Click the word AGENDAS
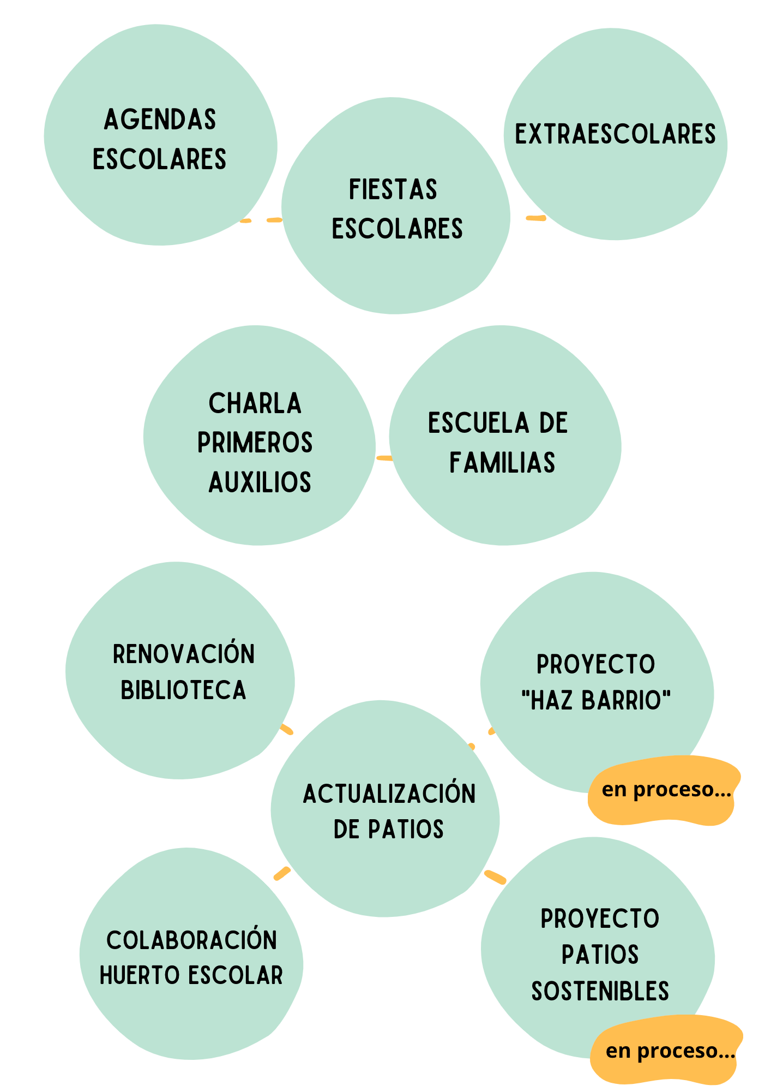(x=160, y=120)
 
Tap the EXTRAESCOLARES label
(x=615, y=134)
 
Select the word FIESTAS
(x=393, y=190)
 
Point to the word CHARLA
(x=255, y=404)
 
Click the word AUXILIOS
(x=260, y=482)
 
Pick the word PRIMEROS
(x=255, y=443)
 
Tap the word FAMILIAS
(x=502, y=463)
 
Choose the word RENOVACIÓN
(x=184, y=654)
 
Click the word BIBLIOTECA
(x=183, y=690)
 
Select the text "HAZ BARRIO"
(x=596, y=701)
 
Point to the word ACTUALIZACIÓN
(x=389, y=794)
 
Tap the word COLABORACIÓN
(x=191, y=940)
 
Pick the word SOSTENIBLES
(x=600, y=992)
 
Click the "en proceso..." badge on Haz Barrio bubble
(x=666, y=790)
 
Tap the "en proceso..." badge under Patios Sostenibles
(x=670, y=1051)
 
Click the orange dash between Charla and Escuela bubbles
(x=384, y=458)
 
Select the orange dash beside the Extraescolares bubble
(x=535, y=218)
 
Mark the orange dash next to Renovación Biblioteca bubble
(x=286, y=729)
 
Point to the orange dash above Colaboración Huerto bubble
(x=282, y=873)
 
